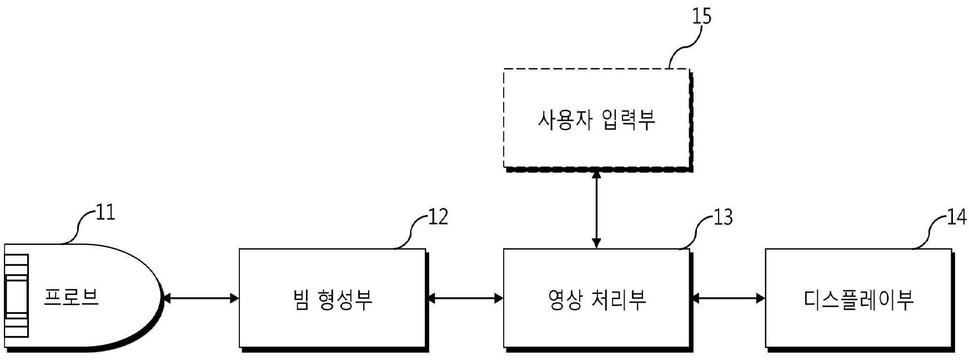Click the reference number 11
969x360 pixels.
[x=104, y=213]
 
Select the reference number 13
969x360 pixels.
[x=722, y=217]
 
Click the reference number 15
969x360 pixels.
[x=701, y=16]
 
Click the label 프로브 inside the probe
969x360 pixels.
[x=72, y=298]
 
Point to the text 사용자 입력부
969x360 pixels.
[x=596, y=119]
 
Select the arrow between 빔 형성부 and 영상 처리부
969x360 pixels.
[x=464, y=298]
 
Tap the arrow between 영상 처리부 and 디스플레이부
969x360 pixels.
[x=727, y=298]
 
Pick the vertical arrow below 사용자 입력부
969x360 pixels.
[x=596, y=209]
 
